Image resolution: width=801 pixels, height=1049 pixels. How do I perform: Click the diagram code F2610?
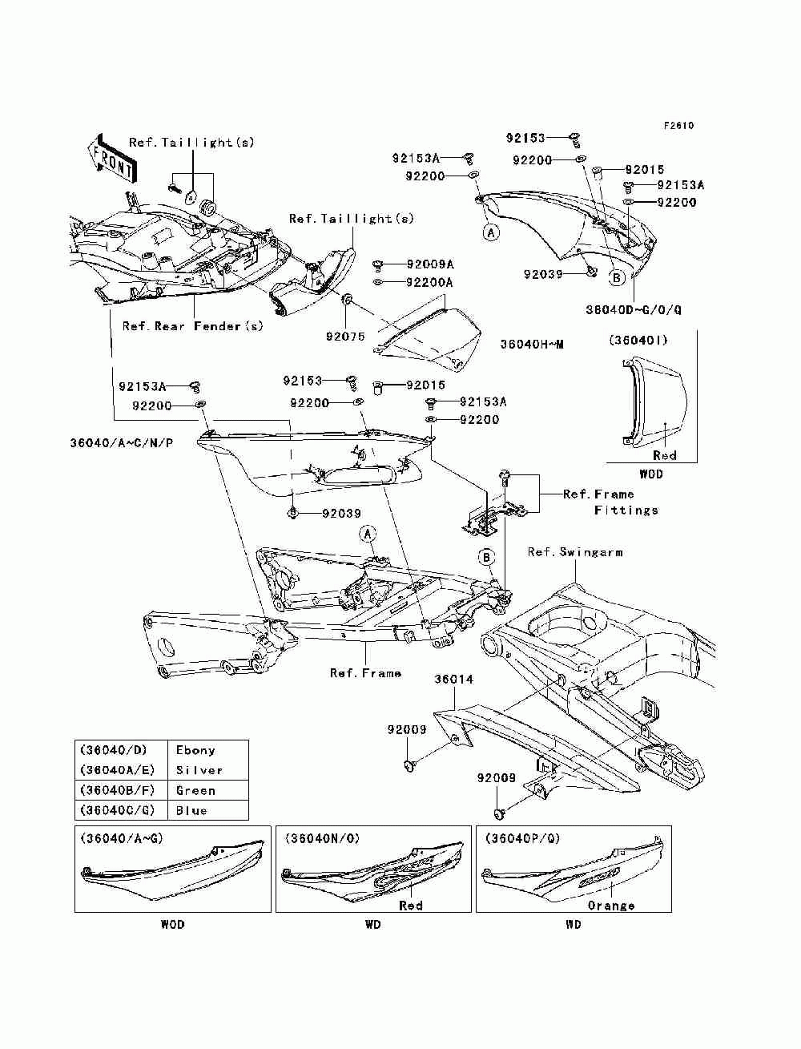pos(678,126)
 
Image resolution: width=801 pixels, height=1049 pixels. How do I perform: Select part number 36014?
pos(453,680)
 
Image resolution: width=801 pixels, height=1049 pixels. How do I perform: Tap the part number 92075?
pos(344,337)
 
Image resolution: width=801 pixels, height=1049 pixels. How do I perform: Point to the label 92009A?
pos(429,264)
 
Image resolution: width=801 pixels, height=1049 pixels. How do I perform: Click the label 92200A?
pos(429,282)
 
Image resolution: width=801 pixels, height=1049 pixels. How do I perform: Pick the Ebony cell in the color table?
pos(195,751)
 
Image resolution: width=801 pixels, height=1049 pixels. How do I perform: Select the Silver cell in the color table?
pos(199,770)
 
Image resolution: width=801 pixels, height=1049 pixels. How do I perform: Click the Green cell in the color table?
pos(195,790)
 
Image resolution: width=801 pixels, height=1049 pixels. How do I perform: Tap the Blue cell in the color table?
pos(191,810)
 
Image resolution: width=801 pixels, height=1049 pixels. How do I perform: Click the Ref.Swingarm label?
pos(575,552)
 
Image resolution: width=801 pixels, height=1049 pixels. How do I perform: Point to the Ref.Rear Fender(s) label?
pos(192,326)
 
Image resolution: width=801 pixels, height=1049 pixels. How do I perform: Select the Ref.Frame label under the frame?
pos(365,673)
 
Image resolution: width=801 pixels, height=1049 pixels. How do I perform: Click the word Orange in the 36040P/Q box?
pos(611,906)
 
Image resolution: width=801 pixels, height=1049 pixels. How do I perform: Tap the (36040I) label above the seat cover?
pos(638,340)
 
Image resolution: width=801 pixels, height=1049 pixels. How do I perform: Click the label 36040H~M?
pos(532,345)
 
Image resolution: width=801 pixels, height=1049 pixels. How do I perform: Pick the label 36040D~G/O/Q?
pos(634,309)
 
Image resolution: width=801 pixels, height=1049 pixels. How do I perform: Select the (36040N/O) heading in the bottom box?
pos(321,838)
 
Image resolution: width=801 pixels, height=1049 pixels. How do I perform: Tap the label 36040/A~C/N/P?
pos(121,442)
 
